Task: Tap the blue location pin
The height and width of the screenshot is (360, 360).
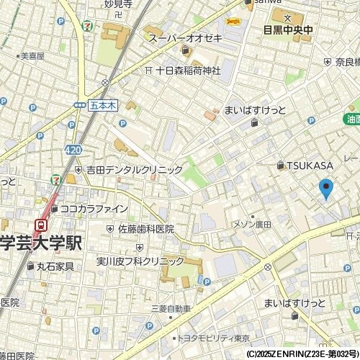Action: [x=325, y=188]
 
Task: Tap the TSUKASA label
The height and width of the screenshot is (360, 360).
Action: [x=310, y=166]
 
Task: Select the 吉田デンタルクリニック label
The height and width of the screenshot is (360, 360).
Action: [x=134, y=170]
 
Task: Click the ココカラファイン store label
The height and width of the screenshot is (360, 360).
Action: [x=94, y=209]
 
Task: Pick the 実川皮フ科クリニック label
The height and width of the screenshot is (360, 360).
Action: [x=140, y=261]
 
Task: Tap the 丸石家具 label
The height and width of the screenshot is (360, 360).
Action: [x=55, y=266]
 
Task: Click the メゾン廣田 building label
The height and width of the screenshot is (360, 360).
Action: [x=251, y=225]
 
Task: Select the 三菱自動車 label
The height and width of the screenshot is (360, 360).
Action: [x=171, y=309]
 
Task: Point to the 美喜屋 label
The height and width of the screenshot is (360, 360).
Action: [x=32, y=55]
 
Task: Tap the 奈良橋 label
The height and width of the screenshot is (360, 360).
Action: [x=346, y=63]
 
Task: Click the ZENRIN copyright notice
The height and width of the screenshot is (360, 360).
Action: [x=302, y=354]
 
